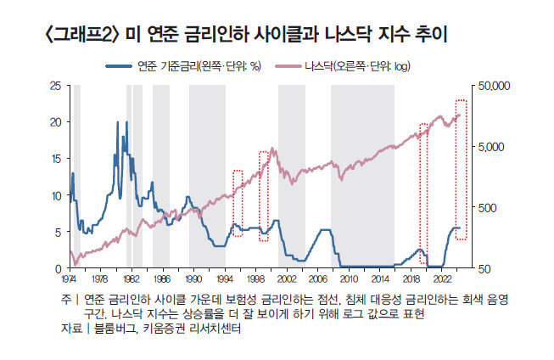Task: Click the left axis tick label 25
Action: pyautogui.click(x=55, y=86)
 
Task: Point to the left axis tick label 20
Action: pyautogui.click(x=55, y=122)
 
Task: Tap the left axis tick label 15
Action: pyautogui.click(x=55, y=159)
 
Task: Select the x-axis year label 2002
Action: pyautogui.click(x=286, y=278)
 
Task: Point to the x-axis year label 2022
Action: pyautogui.click(x=441, y=278)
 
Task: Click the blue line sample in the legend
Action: pyautogui.click(x=118, y=65)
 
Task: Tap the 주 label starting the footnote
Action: pyautogui.click(x=64, y=300)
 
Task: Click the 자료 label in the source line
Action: pyautogui.click(x=70, y=328)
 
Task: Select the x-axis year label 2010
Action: pyautogui.click(x=348, y=278)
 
